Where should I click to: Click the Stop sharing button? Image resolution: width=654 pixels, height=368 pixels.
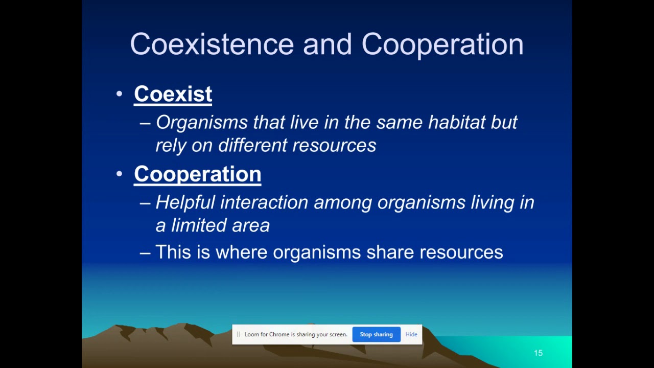click(x=376, y=334)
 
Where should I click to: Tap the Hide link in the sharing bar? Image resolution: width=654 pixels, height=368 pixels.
click(x=411, y=334)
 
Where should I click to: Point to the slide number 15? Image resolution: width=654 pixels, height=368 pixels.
click(x=538, y=353)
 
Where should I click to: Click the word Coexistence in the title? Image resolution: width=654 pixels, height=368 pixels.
click(x=212, y=44)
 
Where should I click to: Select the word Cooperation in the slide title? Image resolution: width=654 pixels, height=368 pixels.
click(x=442, y=44)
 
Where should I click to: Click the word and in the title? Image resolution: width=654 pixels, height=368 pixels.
click(x=327, y=44)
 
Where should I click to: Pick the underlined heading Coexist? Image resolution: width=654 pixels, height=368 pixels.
click(x=173, y=94)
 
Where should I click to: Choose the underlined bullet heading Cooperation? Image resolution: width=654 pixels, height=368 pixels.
click(x=197, y=174)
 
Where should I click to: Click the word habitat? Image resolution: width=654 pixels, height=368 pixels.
click(x=457, y=122)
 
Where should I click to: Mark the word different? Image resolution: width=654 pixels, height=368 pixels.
click(x=252, y=146)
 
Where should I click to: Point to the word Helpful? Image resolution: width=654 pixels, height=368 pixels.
click(x=185, y=202)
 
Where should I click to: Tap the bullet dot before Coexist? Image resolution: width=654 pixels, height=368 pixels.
click(x=119, y=94)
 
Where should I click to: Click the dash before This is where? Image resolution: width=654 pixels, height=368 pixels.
click(x=145, y=252)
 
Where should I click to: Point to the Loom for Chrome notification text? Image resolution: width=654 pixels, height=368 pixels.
click(x=295, y=334)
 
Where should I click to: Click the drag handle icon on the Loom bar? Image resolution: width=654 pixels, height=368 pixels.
click(x=238, y=334)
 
